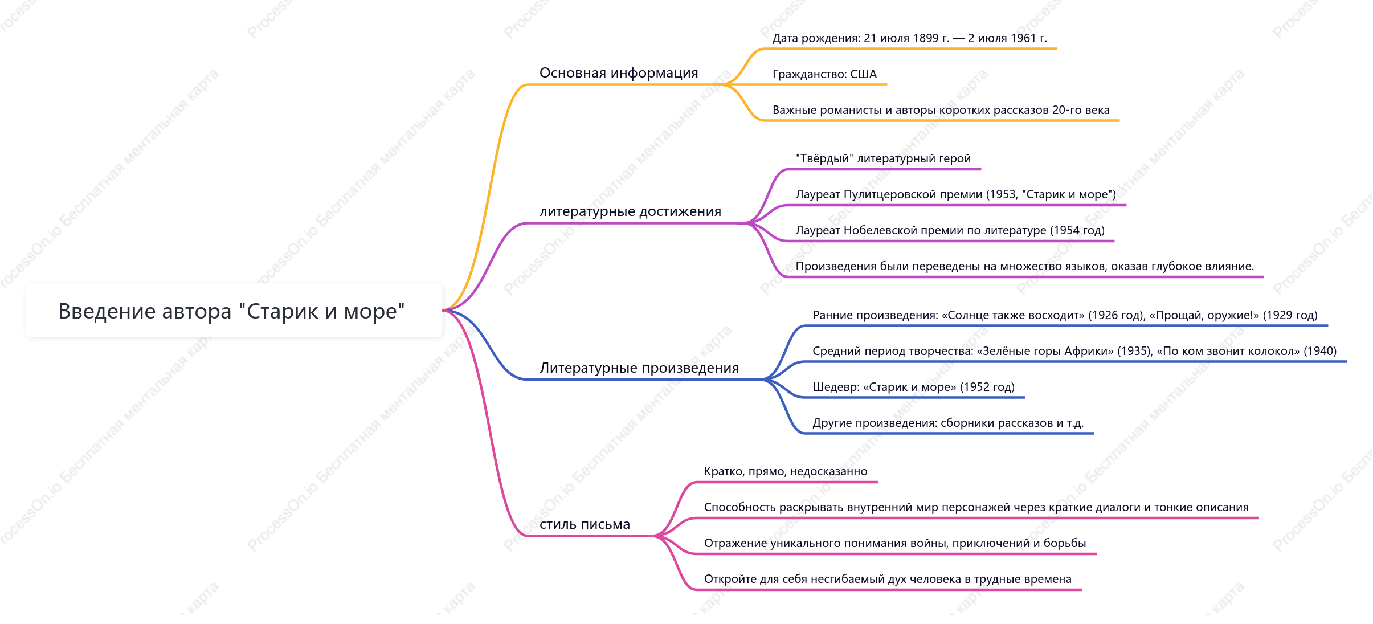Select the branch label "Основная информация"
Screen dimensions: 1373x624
click(x=619, y=73)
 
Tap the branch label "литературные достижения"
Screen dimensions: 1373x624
click(x=630, y=211)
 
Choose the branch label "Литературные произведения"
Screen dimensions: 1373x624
click(x=639, y=368)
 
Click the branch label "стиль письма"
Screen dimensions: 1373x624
click(x=585, y=524)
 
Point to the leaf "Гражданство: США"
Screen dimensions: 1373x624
click(x=824, y=74)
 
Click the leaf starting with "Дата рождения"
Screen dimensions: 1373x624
click(x=910, y=38)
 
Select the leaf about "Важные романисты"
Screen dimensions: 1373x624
click(x=941, y=110)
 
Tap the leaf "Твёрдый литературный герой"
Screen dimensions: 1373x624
click(x=883, y=158)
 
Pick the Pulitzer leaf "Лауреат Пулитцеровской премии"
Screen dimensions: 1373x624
click(x=956, y=194)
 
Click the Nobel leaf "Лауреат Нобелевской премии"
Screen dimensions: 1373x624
click(x=950, y=230)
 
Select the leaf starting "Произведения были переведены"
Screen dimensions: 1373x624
click(x=1025, y=266)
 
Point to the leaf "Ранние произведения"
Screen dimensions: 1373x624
click(x=1065, y=315)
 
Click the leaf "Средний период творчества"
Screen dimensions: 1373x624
click(x=1074, y=351)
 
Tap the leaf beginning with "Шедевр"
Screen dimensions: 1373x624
click(x=914, y=387)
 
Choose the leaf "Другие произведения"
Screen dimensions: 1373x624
click(x=948, y=423)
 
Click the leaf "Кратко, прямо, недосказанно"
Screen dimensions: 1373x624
click(x=786, y=471)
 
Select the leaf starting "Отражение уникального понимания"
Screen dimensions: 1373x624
click(x=895, y=543)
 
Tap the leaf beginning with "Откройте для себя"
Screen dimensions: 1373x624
click(x=888, y=579)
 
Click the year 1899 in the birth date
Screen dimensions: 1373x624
click(x=925, y=38)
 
